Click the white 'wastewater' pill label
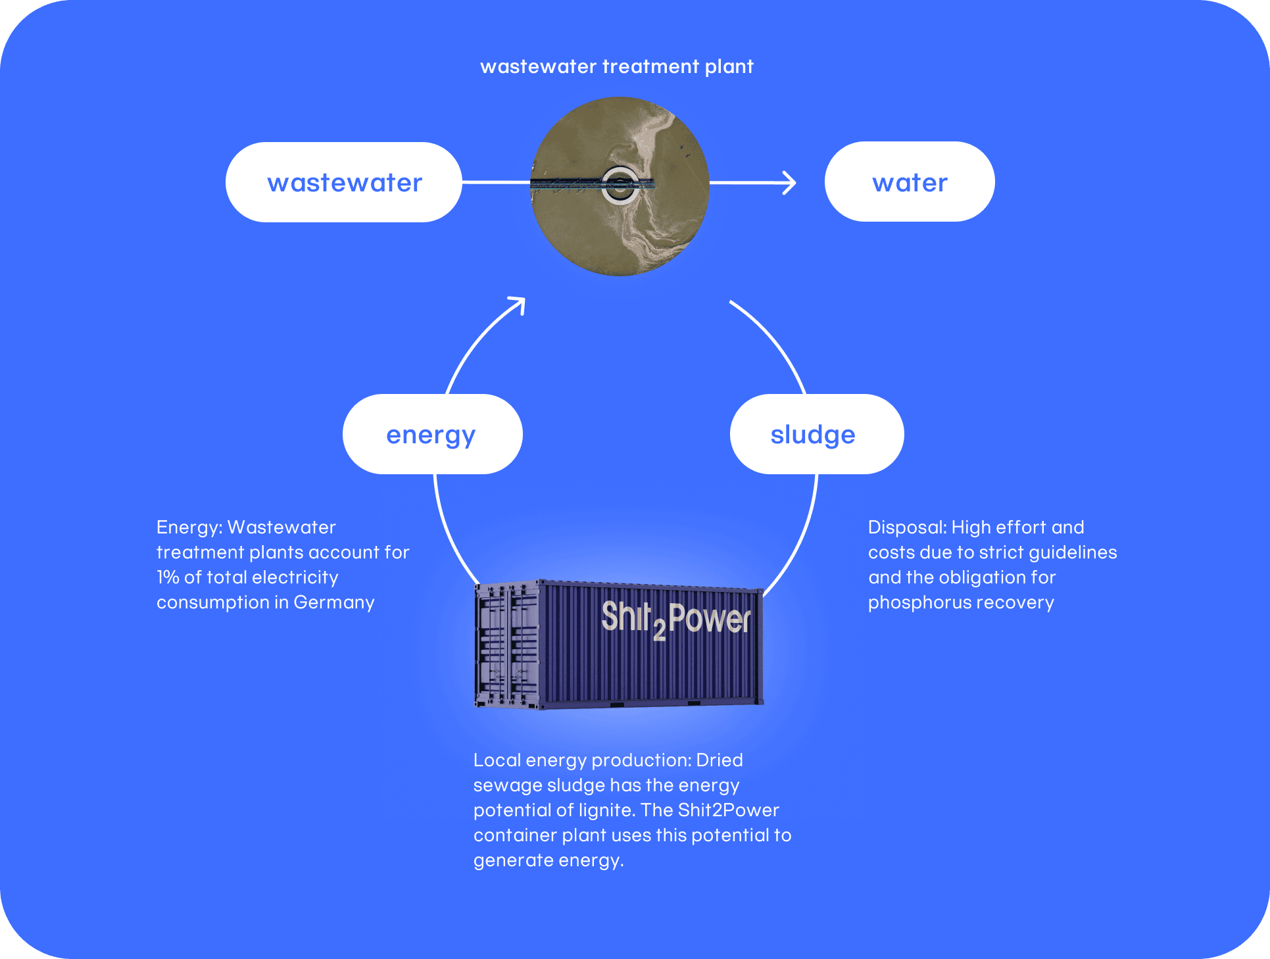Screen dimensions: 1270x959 tap(343, 182)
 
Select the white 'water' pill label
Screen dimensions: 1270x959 tap(910, 182)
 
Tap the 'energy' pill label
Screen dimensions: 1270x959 tap(432, 434)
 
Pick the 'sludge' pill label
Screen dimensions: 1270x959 tap(817, 434)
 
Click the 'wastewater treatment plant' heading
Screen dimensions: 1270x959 tap(617, 67)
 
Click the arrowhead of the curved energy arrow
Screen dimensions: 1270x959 tap(518, 305)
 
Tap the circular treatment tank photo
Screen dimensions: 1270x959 tap(620, 186)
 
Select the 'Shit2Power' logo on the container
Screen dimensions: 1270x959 tap(675, 619)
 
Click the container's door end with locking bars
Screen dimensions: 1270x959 tap(507, 645)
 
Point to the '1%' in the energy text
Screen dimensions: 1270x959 tap(168, 578)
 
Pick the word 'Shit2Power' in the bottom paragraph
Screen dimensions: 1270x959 tap(729, 810)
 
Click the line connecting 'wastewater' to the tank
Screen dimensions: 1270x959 tap(497, 182)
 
